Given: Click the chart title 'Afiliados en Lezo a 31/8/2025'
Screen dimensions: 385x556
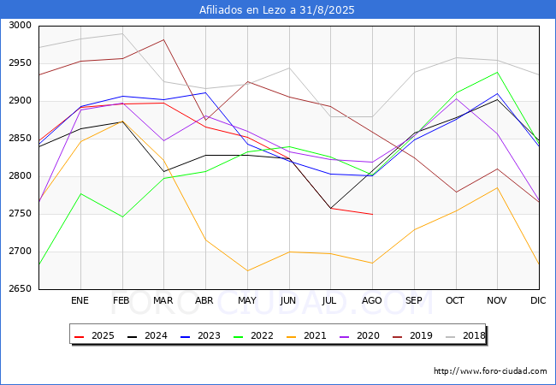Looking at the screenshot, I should click(277, 10).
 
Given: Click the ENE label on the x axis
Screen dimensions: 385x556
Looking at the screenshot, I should click(80, 300).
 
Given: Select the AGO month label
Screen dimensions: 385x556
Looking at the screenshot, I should click(372, 300).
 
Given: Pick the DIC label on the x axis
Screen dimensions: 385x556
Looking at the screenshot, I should click(538, 300).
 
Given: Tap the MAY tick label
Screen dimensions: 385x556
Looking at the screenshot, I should click(247, 300).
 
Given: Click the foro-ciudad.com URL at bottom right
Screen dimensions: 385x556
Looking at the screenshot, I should click(490, 371).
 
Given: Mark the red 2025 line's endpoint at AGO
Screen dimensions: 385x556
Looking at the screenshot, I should click(372, 214).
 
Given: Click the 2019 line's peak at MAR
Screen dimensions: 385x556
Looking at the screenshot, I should click(163, 39).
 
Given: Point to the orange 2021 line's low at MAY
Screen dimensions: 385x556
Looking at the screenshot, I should click(247, 270).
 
